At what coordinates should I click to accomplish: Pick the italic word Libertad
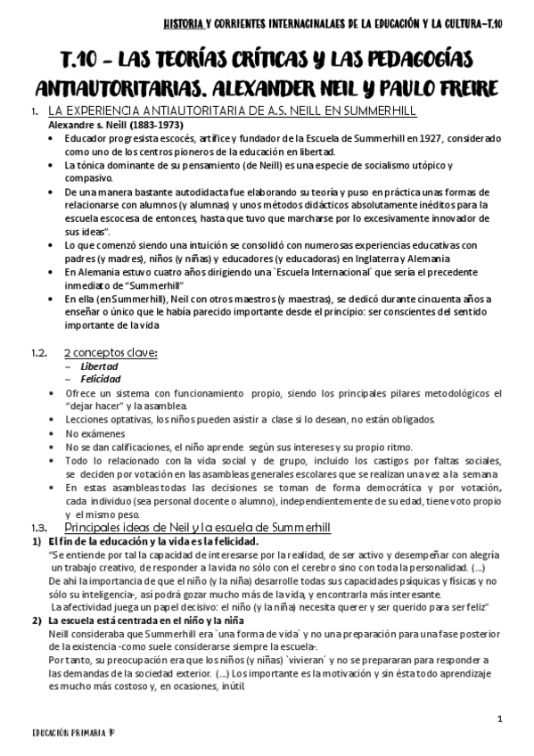coord(98,366)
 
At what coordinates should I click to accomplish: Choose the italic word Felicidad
coord(100,379)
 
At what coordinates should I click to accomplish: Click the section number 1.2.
coord(37,354)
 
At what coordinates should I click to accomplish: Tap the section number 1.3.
coord(37,527)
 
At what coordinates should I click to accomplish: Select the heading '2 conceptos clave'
coord(111,354)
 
